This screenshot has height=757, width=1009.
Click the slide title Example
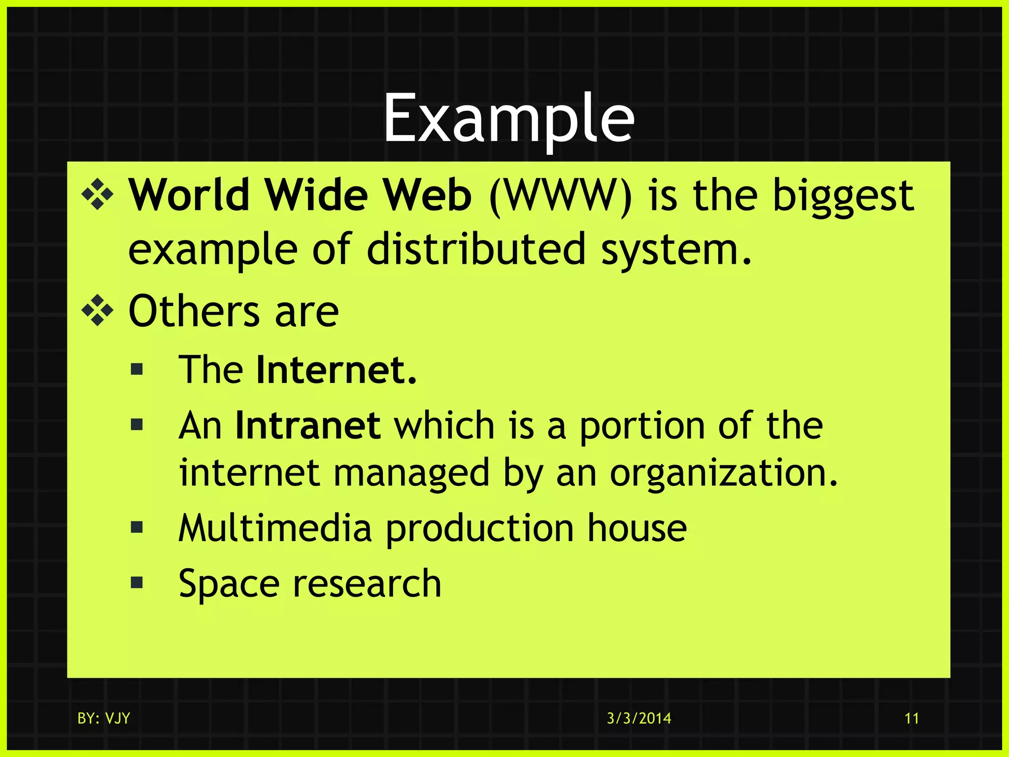tap(508, 119)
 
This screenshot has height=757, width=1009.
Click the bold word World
tap(189, 196)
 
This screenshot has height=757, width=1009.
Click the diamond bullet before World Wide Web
tap(98, 195)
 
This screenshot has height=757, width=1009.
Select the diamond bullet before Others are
tap(98, 310)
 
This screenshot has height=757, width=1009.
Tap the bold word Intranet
tap(308, 425)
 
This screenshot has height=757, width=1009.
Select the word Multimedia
tap(275, 528)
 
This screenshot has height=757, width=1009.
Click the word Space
tap(229, 585)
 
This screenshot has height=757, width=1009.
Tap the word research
tap(367, 584)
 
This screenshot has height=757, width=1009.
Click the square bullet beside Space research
tap(137, 583)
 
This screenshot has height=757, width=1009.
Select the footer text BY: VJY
tap(103, 719)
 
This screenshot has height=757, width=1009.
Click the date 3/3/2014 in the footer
tap(639, 719)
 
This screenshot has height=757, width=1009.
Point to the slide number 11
tap(912, 719)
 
